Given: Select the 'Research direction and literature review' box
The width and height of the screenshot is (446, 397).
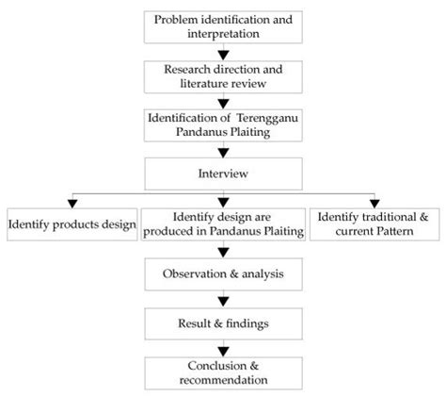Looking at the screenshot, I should (222, 76).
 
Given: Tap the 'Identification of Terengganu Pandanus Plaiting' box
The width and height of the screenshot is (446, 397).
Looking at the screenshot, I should (222, 126).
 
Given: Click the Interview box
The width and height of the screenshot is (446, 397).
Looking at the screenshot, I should (222, 174).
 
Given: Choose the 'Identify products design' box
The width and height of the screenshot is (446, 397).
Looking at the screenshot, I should (72, 225).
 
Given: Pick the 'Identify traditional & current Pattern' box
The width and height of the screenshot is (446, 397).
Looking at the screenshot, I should (373, 225).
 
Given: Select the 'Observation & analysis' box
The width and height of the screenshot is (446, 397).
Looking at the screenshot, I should (222, 274).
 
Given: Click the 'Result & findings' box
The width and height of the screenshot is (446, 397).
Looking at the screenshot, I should (222, 323).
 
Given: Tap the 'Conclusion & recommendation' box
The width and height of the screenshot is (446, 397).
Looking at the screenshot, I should (222, 372).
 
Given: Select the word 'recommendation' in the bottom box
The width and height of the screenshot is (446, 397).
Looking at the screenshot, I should (222, 381).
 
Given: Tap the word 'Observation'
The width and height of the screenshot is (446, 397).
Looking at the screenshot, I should (199, 274).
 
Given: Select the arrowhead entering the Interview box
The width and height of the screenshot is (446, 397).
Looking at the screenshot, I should (222, 152).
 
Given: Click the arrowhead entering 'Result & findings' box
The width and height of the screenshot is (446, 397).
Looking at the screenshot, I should (222, 301).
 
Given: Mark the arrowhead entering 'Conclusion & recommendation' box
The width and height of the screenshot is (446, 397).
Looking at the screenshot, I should (222, 350).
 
